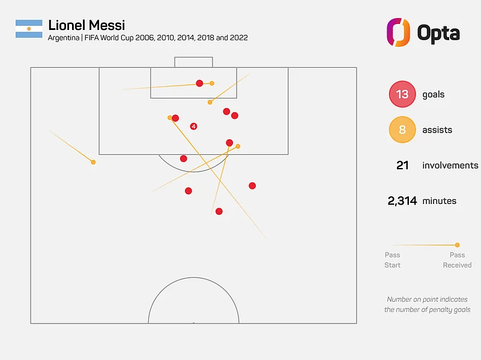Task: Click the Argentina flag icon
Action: click(29, 29)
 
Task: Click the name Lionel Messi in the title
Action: click(86, 25)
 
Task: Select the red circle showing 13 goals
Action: click(402, 94)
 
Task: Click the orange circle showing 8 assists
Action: click(402, 130)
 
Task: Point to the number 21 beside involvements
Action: click(402, 165)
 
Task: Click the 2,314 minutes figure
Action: click(402, 201)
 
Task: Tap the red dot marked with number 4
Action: click(193, 126)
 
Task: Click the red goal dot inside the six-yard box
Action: click(199, 83)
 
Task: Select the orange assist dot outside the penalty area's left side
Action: click(93, 162)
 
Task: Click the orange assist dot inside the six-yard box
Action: click(212, 83)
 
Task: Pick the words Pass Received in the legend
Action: click(457, 260)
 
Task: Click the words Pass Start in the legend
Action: click(392, 260)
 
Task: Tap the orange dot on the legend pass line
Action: click(457, 245)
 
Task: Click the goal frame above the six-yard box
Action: click(193, 62)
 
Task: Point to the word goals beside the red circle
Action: click(434, 94)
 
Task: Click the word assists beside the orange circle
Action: click(437, 130)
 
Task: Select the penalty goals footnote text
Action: click(427, 304)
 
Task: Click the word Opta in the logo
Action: click(438, 32)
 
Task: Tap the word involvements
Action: click(450, 165)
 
